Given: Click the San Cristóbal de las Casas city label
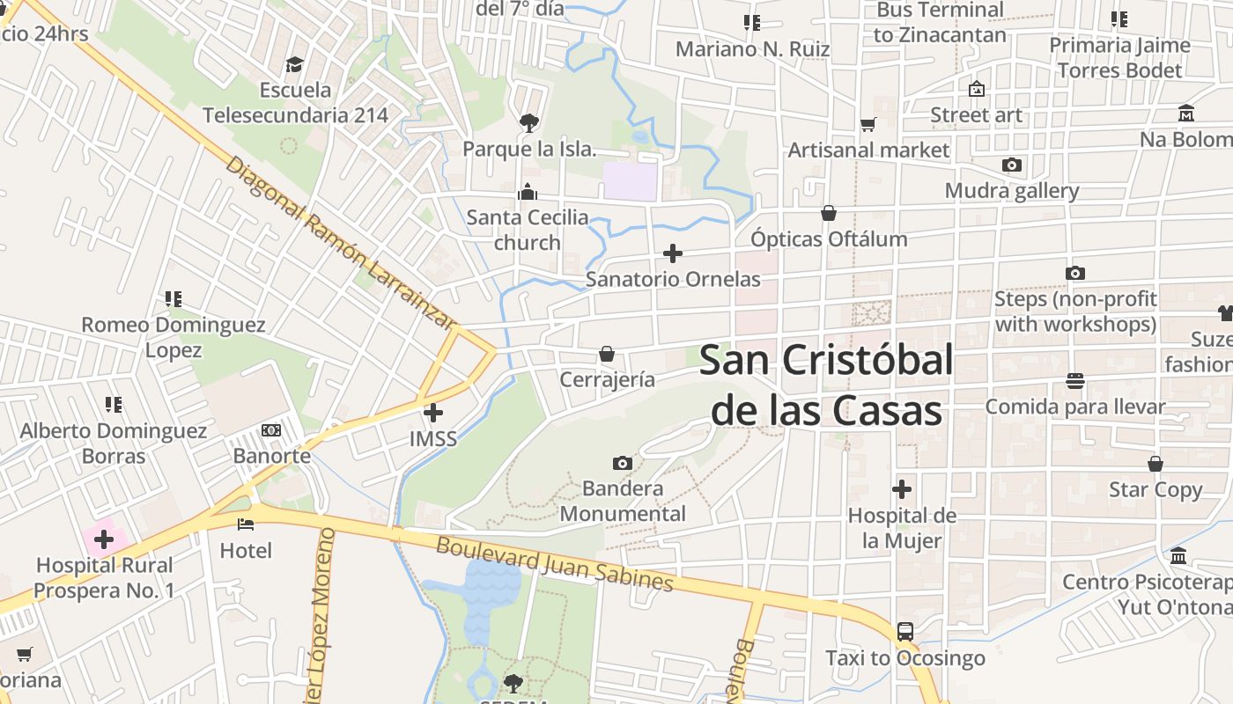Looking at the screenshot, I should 826,385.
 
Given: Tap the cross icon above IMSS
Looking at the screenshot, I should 433,412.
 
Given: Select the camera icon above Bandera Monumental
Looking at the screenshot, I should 623,463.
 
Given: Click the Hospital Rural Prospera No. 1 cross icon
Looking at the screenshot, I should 104,539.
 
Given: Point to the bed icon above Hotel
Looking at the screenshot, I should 246,524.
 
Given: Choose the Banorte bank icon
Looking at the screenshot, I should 271,430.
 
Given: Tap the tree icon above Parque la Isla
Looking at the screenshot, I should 528,122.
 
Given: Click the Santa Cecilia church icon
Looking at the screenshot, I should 528,192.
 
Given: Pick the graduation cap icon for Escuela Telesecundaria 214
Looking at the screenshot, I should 294,64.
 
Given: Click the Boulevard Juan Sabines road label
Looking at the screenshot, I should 555,564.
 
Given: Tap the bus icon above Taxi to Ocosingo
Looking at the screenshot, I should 905,632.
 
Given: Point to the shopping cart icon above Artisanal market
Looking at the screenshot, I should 868,125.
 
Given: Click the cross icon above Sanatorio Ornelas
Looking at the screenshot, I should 673,253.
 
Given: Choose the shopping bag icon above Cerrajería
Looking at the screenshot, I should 607,354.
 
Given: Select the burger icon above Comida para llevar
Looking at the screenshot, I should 1074,381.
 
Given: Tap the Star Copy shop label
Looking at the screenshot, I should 1155,489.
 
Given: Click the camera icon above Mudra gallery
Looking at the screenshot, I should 1012,165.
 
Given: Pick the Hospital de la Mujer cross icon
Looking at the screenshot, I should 902,489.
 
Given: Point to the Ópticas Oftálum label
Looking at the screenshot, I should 829,238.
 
